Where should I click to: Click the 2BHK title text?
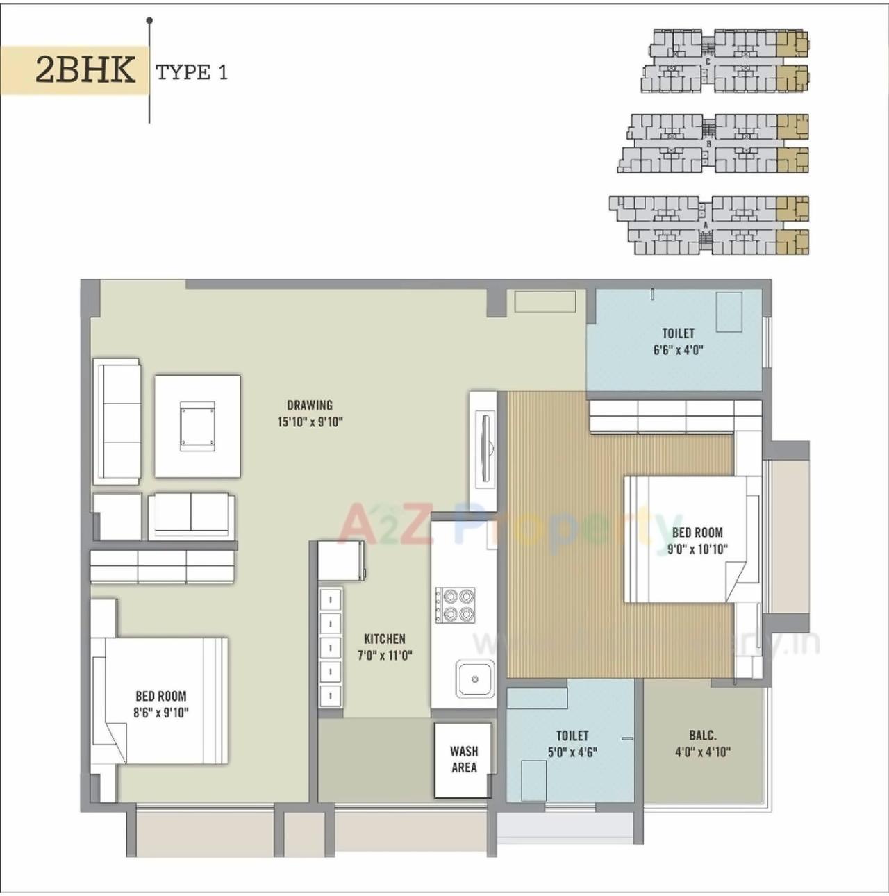[x=85, y=70]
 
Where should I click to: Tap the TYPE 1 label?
[x=192, y=72]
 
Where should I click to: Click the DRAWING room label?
[x=310, y=405]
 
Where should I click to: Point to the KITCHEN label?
[x=385, y=639]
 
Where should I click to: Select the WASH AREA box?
[x=463, y=760]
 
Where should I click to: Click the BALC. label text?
[x=703, y=735]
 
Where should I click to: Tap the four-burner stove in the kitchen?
[x=456, y=605]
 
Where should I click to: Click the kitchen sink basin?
[x=475, y=679]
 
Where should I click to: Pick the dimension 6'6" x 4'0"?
[x=678, y=350]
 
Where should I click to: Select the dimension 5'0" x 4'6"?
[x=572, y=752]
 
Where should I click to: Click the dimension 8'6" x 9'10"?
[x=161, y=712]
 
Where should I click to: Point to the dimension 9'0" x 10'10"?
[x=697, y=549]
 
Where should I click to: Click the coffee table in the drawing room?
[x=197, y=426]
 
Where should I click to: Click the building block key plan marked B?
[x=713, y=143]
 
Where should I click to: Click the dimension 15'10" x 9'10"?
[x=310, y=422]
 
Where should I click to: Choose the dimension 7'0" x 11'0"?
[x=385, y=655]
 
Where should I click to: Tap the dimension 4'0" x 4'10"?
[x=703, y=752]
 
